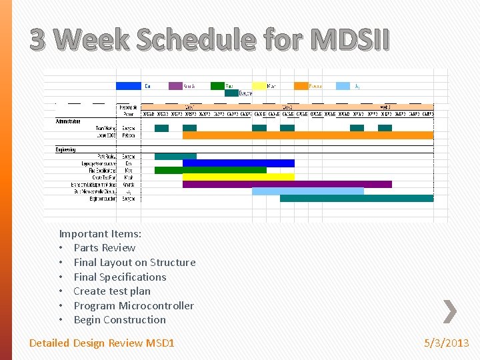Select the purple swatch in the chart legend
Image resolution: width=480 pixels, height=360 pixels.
[x=175, y=86]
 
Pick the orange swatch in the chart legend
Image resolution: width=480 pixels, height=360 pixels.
[x=301, y=86]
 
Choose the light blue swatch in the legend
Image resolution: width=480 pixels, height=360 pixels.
[x=343, y=86]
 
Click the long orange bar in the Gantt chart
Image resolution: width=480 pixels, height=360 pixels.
[x=307, y=135]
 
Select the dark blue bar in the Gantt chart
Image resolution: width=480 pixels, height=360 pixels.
[x=238, y=163]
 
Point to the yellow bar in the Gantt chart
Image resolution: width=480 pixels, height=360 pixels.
[x=238, y=177]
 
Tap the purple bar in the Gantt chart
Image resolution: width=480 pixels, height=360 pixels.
[x=287, y=185]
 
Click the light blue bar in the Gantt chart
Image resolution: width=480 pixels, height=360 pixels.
[x=307, y=191]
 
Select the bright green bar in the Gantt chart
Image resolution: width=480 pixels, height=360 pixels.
[x=210, y=171]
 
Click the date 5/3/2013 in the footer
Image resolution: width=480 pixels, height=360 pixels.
[x=447, y=343]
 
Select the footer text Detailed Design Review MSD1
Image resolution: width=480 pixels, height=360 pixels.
[x=101, y=343]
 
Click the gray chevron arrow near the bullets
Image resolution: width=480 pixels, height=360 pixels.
[x=450, y=311]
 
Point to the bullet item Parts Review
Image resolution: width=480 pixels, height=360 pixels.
[x=105, y=248]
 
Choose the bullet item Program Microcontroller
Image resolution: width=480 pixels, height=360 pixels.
[x=133, y=306]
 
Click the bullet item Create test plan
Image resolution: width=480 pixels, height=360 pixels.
[x=112, y=291]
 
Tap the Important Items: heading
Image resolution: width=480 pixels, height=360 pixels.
[x=100, y=234]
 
